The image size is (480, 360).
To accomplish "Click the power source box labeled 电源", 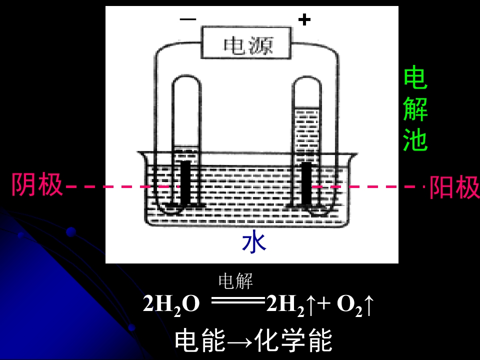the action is point(246,42).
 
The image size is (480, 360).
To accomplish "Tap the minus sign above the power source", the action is point(188,19).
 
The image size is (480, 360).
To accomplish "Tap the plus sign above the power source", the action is point(304,19).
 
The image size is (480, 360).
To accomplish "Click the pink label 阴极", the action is point(36,184).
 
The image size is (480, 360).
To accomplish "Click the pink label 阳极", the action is point(454,186).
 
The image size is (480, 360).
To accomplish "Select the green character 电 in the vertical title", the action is point(415,77).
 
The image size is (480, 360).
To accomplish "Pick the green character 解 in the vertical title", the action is point(415,109).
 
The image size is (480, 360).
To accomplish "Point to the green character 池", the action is point(415,139).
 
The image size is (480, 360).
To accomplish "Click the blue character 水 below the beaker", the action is point(254,243).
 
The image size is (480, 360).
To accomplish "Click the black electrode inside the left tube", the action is point(185,183).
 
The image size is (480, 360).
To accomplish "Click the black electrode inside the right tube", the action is point(306,183).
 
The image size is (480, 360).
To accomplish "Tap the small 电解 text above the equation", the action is point(235,281).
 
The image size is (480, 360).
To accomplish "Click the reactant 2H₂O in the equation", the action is point(171,305).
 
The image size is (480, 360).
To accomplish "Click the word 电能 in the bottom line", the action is point(200,340).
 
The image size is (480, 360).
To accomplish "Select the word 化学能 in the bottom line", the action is point(293,340).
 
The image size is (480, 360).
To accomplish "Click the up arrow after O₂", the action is point(368,305).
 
